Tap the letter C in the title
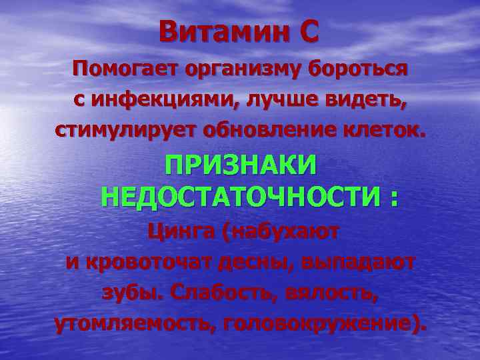coord(308,32)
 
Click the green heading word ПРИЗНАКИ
coord(241,166)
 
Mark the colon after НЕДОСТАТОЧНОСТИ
coord(394,198)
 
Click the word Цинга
coord(182,233)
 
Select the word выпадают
coord(357,263)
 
